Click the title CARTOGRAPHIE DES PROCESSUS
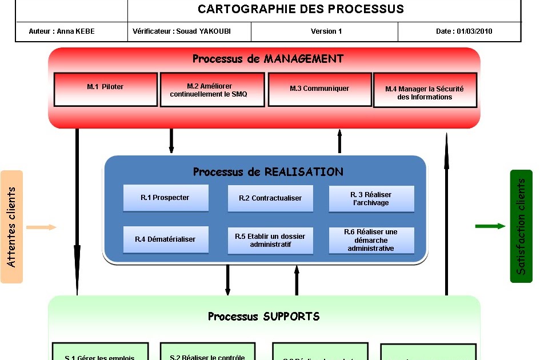301,9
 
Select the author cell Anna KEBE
62,31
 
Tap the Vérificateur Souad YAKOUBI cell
182,31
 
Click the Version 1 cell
326,31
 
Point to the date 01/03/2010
464,31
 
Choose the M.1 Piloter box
105,89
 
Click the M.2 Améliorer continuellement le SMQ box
212,90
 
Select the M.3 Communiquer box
319,89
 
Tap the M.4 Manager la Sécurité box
425,90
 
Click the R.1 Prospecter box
165,198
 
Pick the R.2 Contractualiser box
270,199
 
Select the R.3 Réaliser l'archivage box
371,199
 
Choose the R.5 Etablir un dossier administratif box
270,241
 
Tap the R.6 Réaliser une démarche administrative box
371,241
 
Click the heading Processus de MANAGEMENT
267,59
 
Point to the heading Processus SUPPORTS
263,317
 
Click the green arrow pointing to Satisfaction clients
490,226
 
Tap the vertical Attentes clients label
11,227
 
